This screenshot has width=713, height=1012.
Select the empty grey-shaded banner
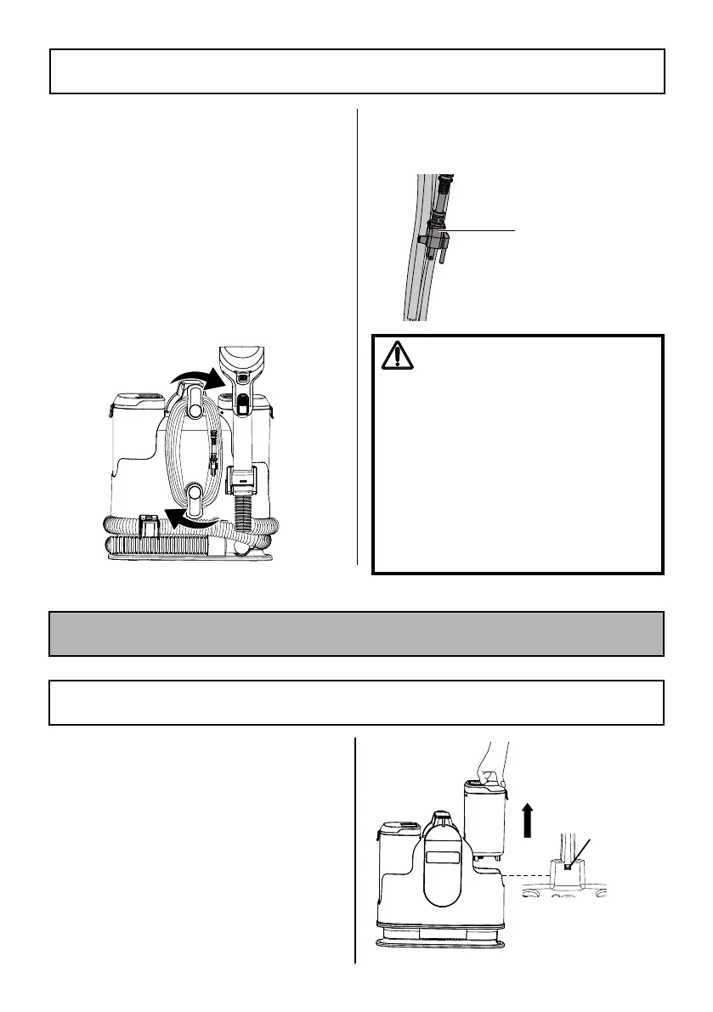(x=356, y=633)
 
